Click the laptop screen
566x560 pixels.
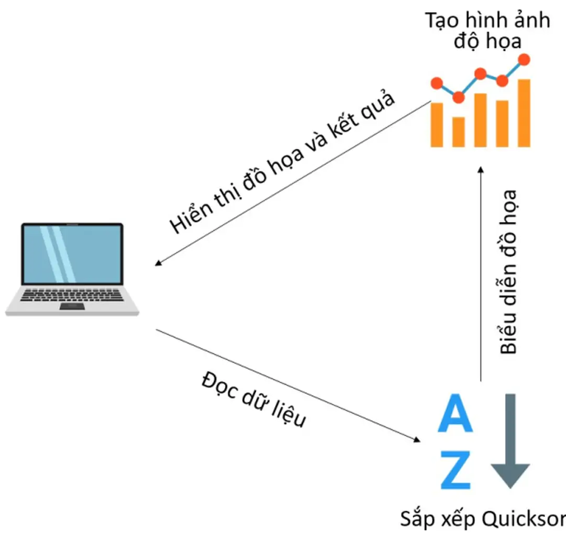tap(72, 254)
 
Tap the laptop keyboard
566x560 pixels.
tap(72, 295)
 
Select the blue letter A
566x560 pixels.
tap(455, 414)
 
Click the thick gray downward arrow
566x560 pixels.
tap(510, 440)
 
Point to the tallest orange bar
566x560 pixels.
tap(524, 113)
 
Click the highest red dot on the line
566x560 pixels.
tap(524, 59)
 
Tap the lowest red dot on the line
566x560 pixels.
tap(459, 98)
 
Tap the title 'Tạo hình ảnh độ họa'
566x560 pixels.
tap(487, 30)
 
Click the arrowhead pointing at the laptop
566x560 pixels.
tap(158, 264)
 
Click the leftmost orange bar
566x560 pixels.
tap(437, 124)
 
